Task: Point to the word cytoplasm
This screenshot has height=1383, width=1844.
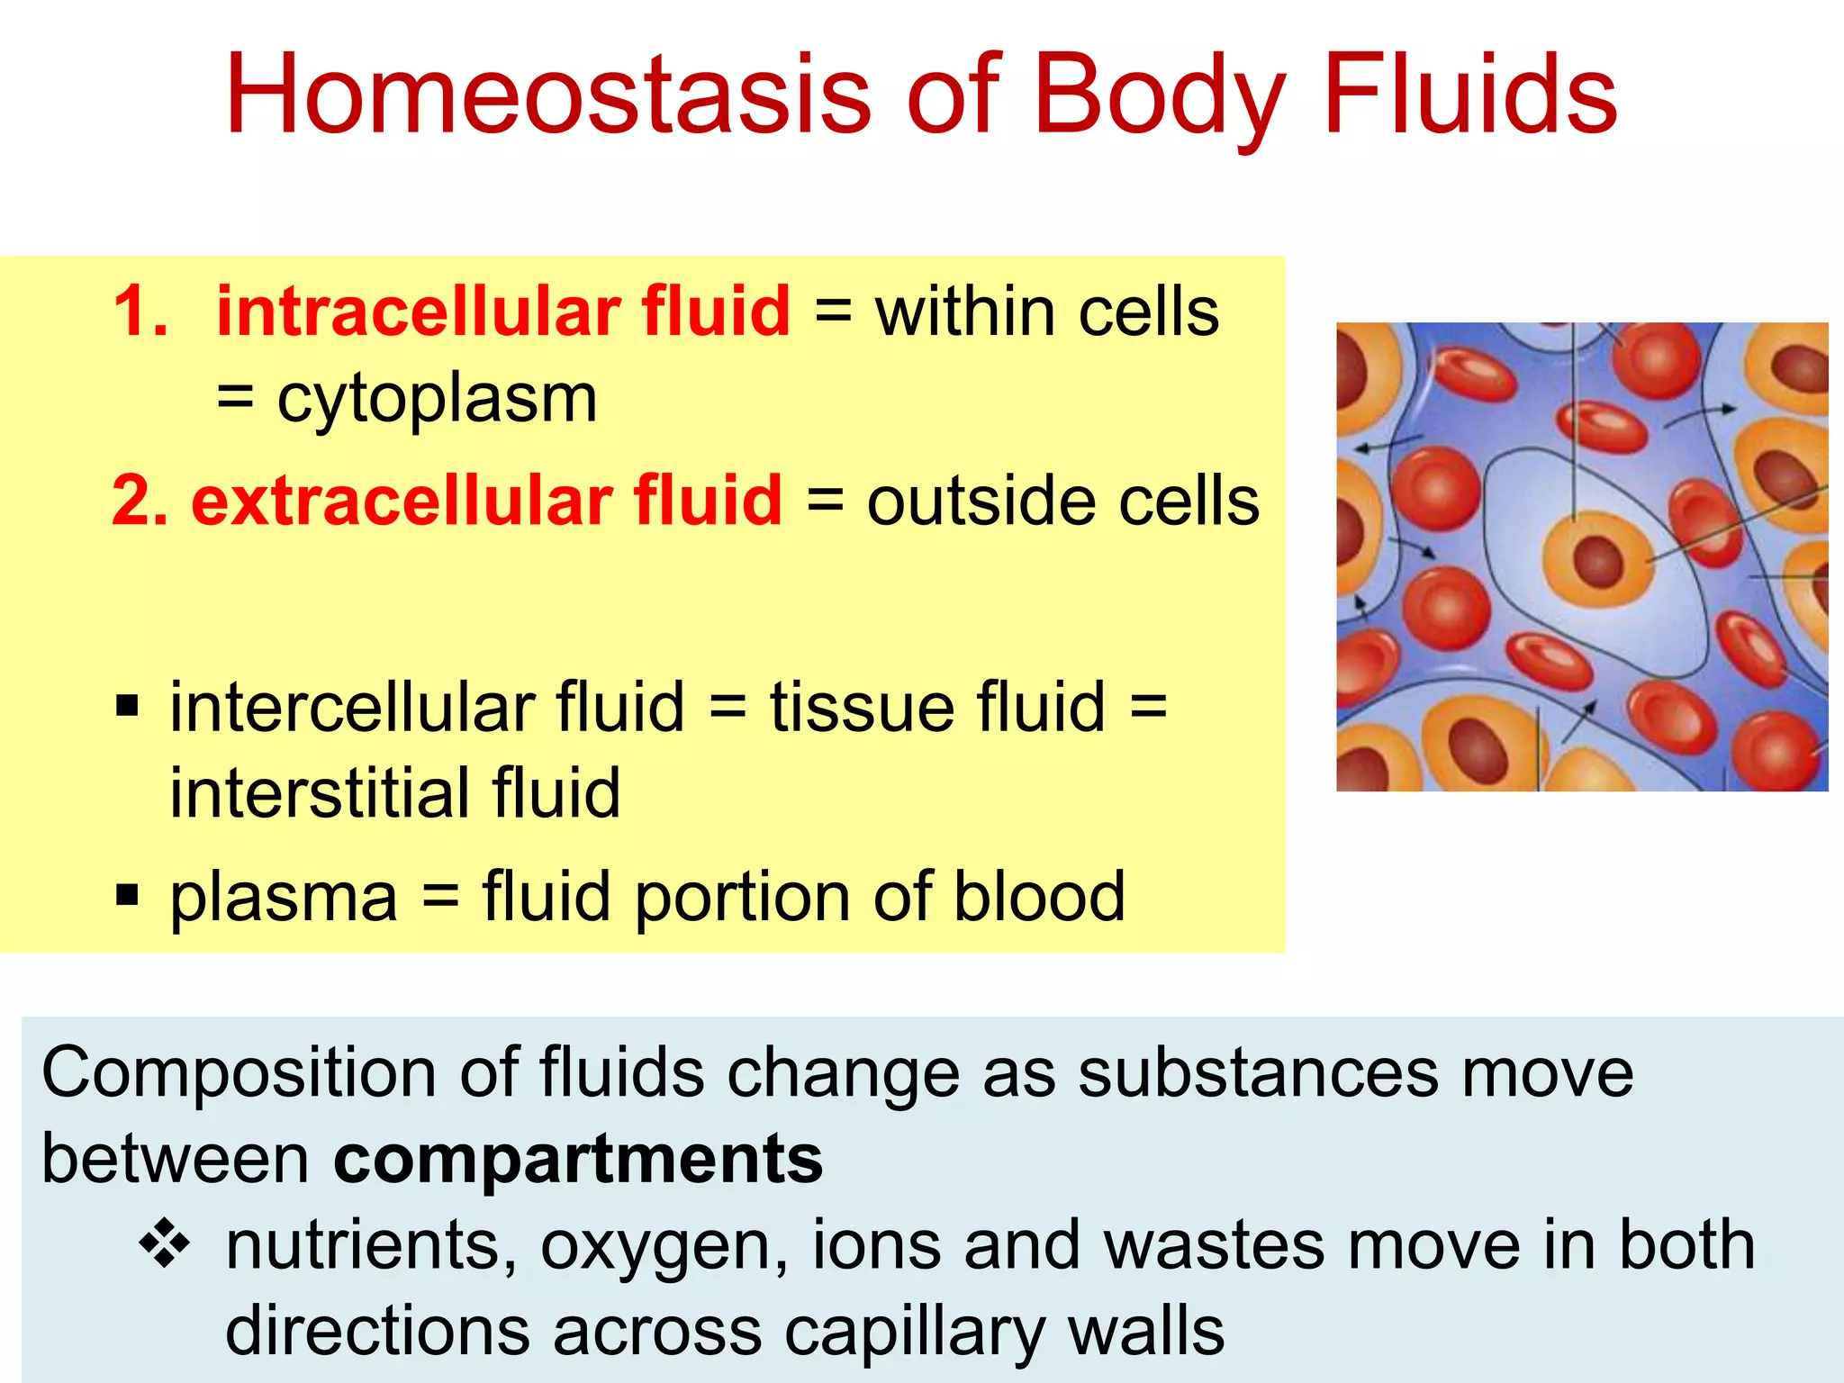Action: point(437,398)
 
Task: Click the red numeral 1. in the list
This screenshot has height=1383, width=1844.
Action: point(141,312)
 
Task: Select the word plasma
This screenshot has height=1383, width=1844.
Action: point(284,897)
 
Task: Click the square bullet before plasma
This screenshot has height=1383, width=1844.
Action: point(128,895)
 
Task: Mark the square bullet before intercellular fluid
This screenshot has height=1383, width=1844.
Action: point(128,706)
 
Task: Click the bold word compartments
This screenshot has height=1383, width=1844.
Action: point(577,1160)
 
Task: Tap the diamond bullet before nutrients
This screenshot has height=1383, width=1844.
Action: point(164,1245)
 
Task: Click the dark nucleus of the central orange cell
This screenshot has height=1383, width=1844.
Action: point(1598,560)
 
